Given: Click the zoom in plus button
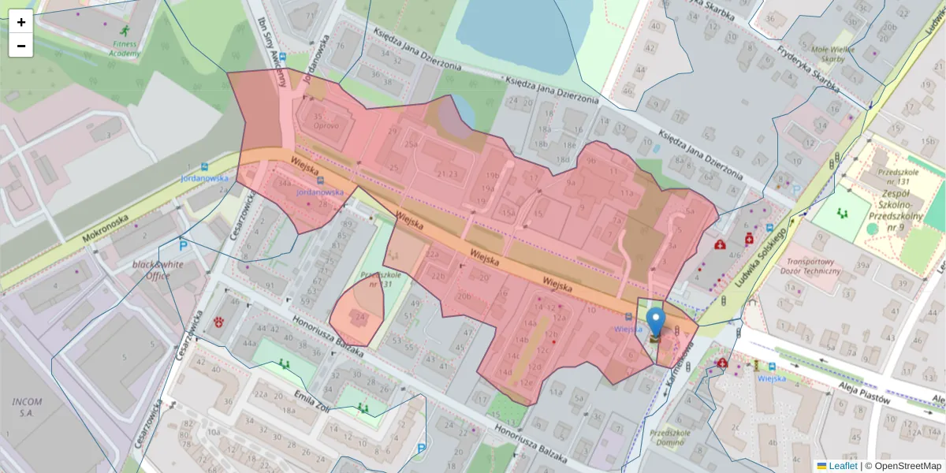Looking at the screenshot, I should (20, 22).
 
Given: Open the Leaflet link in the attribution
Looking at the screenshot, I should (842, 466).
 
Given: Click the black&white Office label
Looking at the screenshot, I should (158, 270).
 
